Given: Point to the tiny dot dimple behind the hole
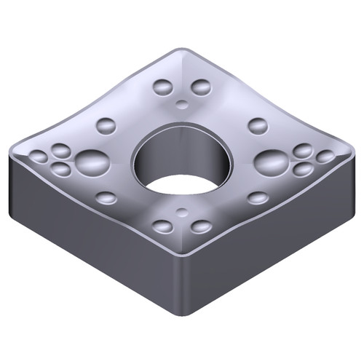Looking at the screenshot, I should (x=181, y=102).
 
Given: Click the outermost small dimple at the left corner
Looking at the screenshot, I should (x=38, y=156).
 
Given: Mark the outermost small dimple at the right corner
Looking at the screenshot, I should (x=325, y=157).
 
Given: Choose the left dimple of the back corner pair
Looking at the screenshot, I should (x=162, y=88).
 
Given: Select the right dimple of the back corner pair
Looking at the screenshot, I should (x=200, y=88).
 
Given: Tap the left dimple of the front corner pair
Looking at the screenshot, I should (x=163, y=226).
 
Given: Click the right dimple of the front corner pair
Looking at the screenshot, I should (x=201, y=226).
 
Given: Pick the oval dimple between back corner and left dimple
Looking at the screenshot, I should (x=106, y=125).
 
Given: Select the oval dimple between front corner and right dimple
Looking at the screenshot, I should (x=258, y=197).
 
